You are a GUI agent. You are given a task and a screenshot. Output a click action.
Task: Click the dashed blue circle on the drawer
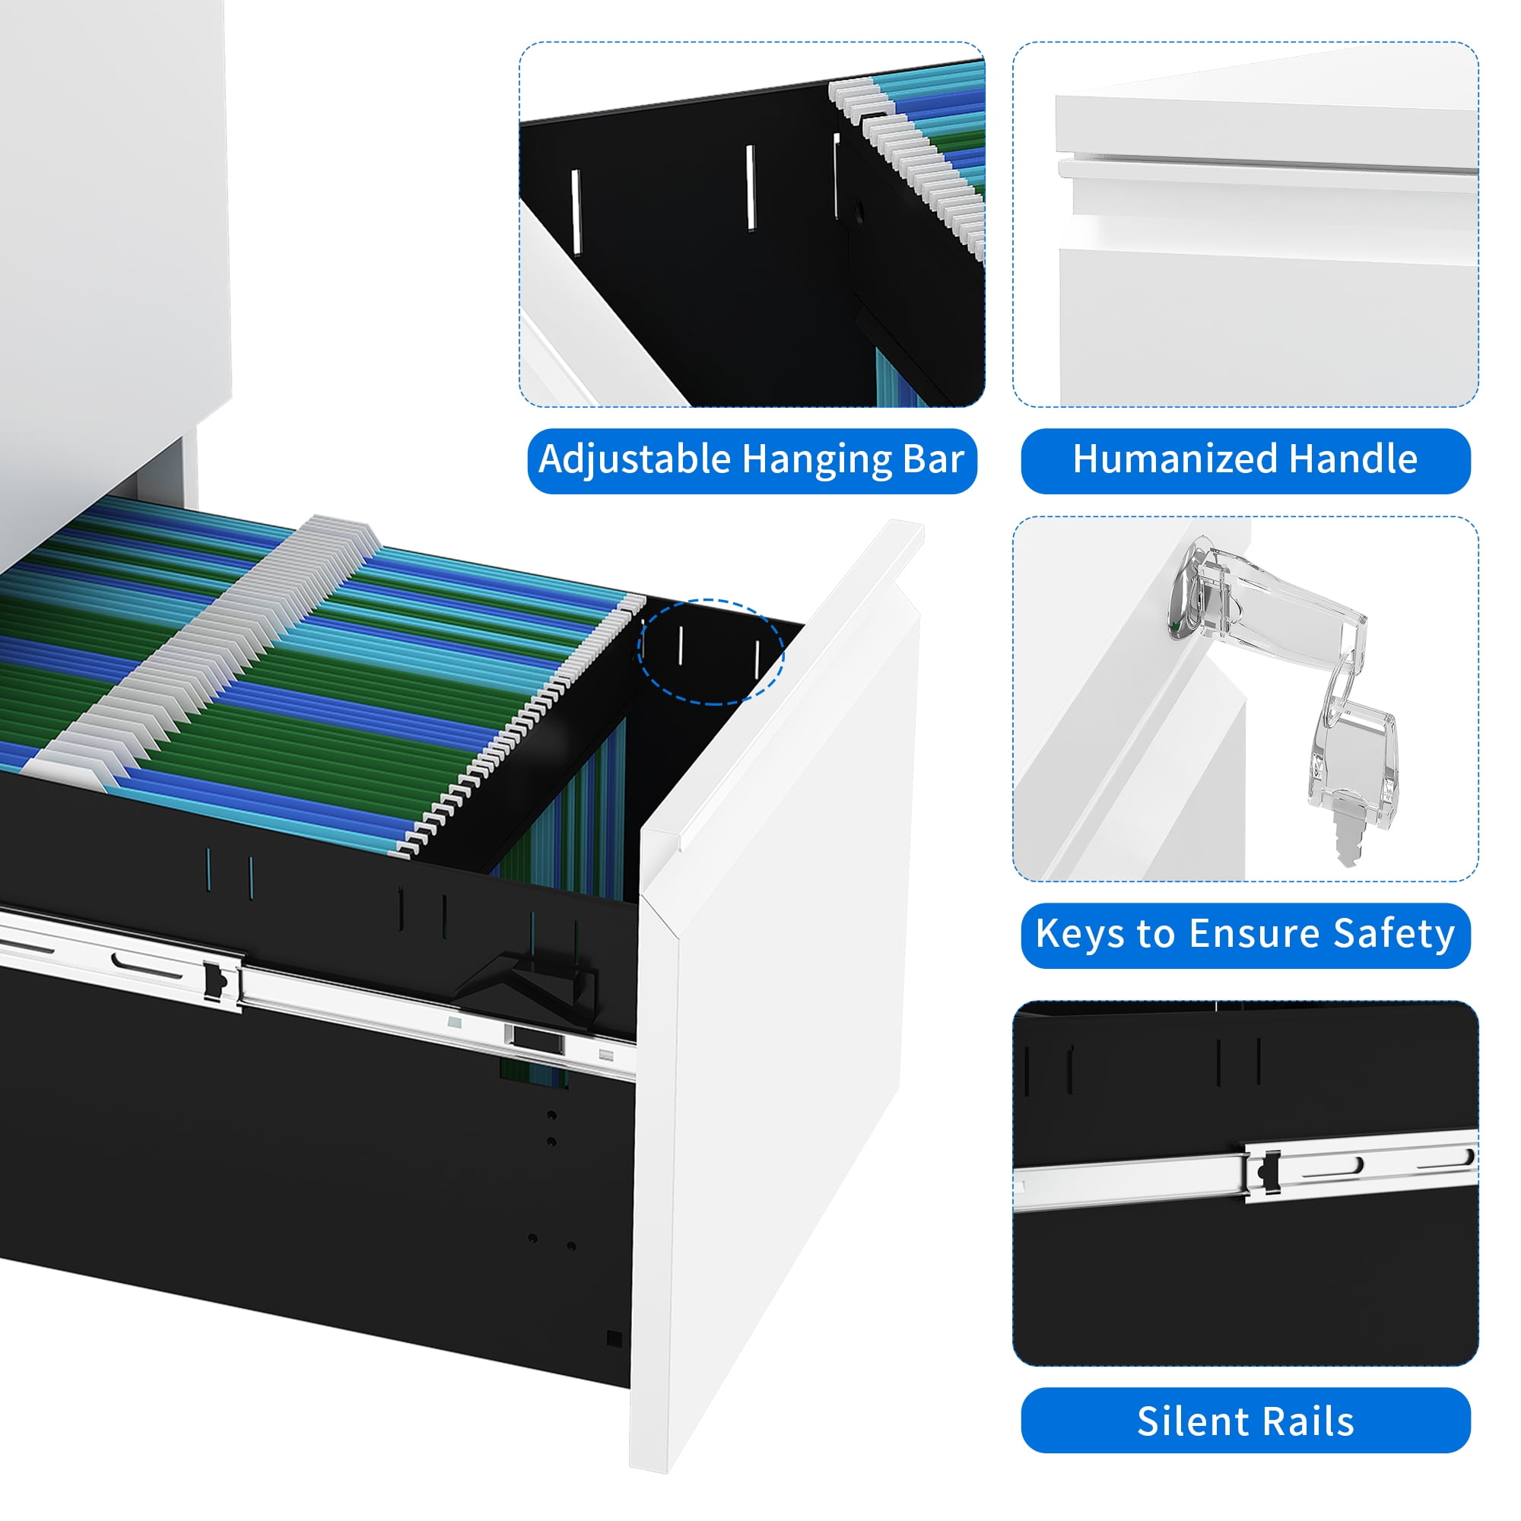pos(710,652)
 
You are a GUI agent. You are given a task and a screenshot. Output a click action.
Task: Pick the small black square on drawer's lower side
pos(614,1339)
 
